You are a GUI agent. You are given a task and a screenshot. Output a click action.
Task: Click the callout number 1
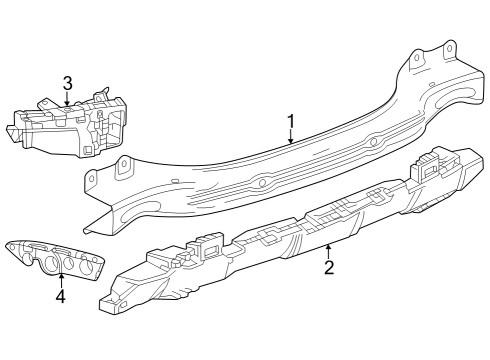291,122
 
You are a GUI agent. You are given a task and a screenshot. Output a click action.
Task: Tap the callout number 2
328,267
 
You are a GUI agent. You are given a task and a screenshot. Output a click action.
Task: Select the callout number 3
67,83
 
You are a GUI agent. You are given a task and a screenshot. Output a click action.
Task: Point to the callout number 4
61,297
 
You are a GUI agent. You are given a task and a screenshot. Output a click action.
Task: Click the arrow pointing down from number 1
291,139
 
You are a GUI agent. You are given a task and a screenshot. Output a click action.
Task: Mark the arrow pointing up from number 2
328,250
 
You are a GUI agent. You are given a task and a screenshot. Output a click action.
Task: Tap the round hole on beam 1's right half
372,142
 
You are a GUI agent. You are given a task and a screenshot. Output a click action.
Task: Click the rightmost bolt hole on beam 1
449,48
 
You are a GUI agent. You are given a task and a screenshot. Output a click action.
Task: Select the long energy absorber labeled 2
290,235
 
